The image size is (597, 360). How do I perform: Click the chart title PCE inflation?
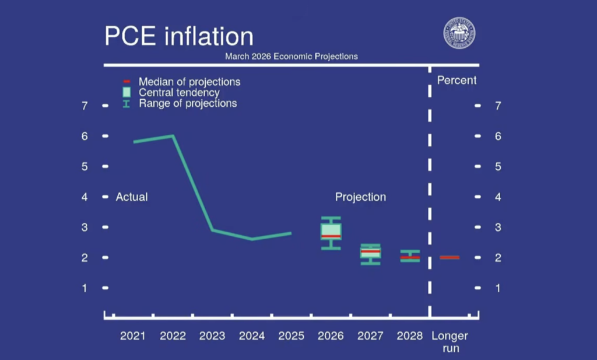click(178, 36)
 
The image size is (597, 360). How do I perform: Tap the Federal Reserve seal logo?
click(459, 33)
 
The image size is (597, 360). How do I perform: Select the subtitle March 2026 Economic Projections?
click(292, 57)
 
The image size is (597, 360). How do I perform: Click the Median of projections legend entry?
click(189, 82)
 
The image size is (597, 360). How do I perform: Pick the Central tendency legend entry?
click(178, 93)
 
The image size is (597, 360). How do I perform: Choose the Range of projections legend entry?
click(187, 103)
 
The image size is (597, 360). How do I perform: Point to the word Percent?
click(456, 81)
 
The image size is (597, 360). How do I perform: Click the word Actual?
click(132, 197)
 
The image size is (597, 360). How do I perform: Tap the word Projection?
click(360, 197)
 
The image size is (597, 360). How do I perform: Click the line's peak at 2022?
click(173, 136)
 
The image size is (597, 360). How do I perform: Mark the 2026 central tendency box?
click(331, 231)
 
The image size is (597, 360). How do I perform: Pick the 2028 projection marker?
click(410, 256)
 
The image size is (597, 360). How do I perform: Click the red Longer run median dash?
click(449, 257)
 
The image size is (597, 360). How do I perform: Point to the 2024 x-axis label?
click(252, 336)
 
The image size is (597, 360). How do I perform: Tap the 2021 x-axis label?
click(132, 336)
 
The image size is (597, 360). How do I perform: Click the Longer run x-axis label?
click(449, 342)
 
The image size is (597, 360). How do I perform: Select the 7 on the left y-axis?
click(85, 106)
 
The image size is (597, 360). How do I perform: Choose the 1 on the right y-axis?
click(498, 288)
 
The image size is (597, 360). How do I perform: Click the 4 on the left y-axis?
click(85, 197)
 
